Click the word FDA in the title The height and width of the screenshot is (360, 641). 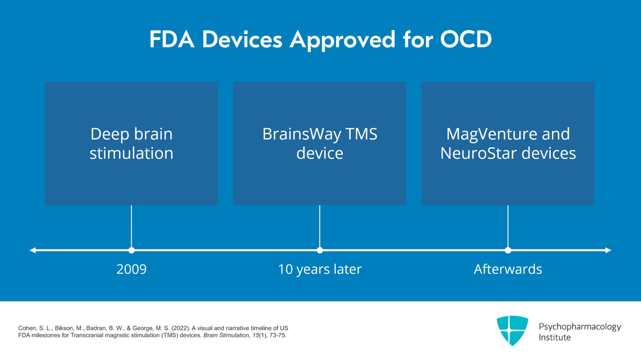171,40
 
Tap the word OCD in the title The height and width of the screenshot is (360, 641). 466,40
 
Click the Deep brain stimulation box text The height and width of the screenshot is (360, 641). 131,143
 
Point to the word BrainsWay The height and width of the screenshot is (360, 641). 301,134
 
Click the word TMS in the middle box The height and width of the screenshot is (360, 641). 361,134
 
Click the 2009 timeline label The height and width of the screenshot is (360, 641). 131,269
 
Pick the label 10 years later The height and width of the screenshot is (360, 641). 320,269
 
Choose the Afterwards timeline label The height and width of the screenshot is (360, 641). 508,269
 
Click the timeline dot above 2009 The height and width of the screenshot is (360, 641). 131,250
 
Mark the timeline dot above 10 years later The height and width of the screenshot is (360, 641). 320,250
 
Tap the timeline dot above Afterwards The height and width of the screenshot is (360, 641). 508,250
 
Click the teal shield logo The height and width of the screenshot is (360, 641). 512,330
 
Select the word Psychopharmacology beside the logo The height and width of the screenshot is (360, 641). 579,327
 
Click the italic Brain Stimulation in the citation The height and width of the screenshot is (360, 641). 226,335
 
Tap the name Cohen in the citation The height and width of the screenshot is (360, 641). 26,328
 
